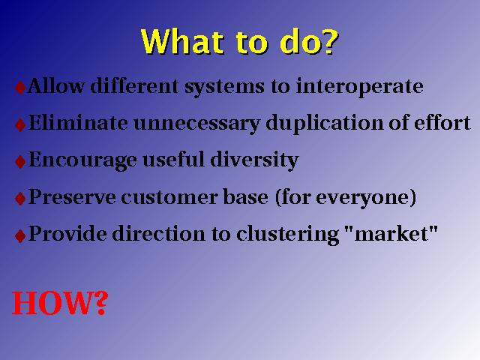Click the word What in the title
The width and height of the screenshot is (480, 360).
[182, 42]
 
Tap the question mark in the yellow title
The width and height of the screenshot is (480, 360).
[329, 42]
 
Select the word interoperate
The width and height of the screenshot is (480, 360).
[360, 87]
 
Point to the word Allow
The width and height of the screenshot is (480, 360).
[56, 85]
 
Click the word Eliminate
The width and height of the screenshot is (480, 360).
[78, 123]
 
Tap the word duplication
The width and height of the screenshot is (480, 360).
[325, 124]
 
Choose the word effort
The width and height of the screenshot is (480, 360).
[442, 123]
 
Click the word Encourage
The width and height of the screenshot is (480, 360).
[82, 160]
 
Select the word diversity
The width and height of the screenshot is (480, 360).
[254, 160]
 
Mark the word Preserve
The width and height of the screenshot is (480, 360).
[72, 197]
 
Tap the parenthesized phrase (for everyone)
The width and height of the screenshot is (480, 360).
[346, 198]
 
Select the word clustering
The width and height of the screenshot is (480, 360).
[288, 235]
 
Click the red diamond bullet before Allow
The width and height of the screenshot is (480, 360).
[20, 88]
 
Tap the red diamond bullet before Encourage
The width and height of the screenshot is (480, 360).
[20, 162]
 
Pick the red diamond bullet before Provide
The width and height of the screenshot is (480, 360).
[20, 236]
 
